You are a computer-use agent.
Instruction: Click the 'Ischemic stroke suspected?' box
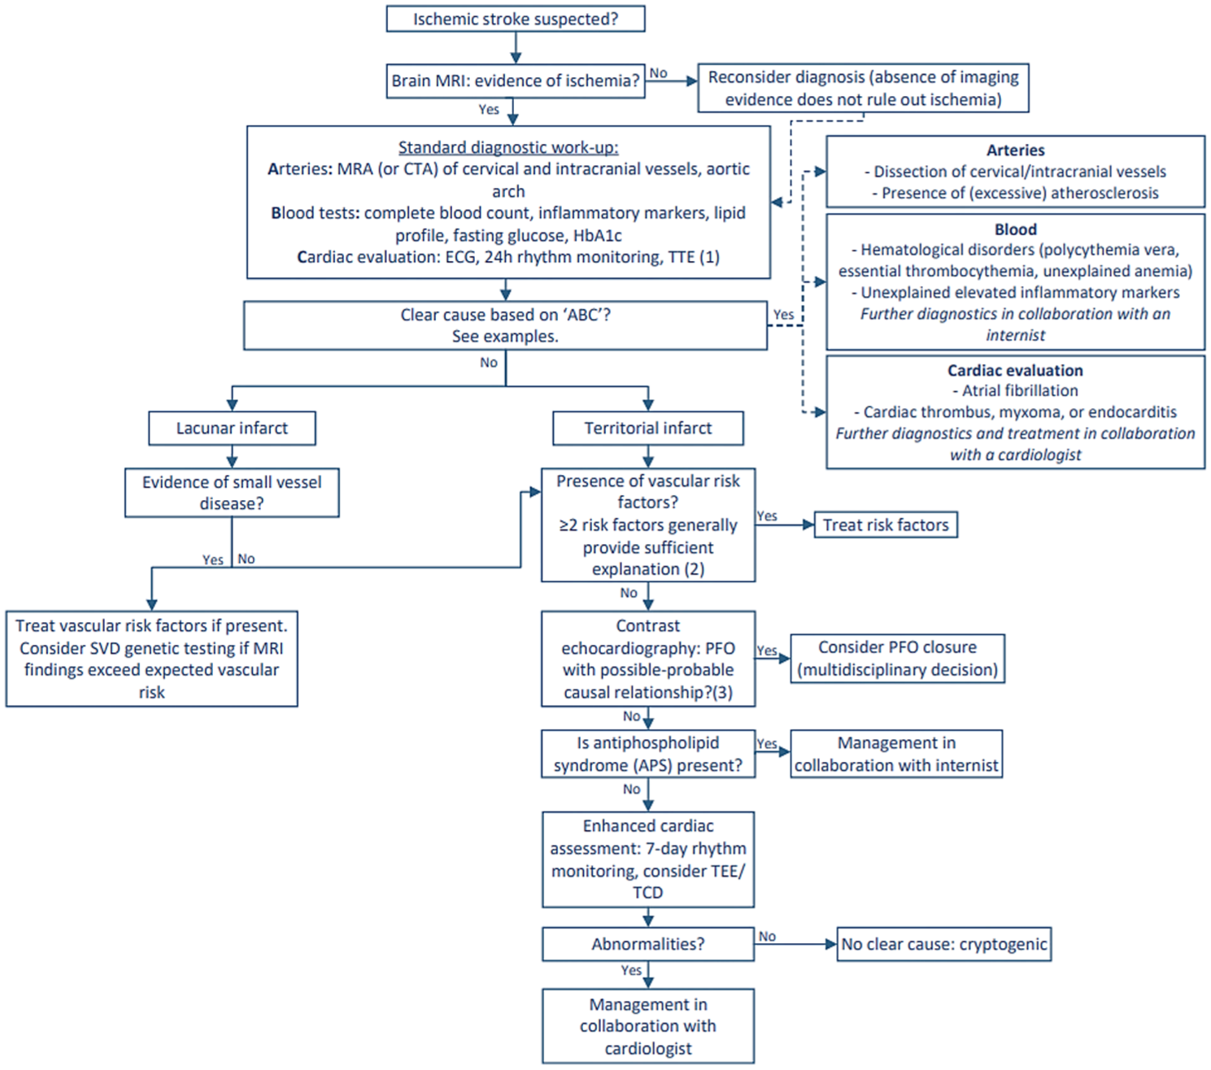click(516, 19)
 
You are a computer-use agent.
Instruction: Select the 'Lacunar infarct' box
click(232, 428)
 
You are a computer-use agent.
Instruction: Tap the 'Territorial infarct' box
click(648, 428)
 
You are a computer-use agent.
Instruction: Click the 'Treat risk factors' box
click(885, 525)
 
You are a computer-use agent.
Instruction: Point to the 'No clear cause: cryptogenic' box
click(943, 944)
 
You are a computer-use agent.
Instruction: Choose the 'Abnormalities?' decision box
click(648, 944)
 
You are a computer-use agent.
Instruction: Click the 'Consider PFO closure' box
click(897, 658)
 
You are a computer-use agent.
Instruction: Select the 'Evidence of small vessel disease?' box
click(232, 493)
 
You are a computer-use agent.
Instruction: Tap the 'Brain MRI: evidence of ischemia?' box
click(516, 80)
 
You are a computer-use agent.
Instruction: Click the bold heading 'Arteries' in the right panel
click(1016, 150)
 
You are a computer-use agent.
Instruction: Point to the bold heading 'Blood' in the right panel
click(1016, 229)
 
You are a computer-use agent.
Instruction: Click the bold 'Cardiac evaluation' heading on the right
click(1016, 370)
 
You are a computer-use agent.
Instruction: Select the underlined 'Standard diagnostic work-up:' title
click(508, 147)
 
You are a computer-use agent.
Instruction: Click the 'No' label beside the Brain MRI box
click(658, 73)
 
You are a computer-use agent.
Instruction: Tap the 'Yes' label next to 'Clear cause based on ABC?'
click(783, 315)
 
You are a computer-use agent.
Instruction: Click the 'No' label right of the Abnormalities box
click(767, 936)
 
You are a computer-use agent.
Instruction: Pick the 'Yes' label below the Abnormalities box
click(631, 970)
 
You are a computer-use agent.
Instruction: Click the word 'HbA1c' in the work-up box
click(597, 235)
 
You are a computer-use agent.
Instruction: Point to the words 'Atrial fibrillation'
click(1020, 390)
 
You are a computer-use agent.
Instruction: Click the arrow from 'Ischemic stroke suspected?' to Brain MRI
click(516, 48)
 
